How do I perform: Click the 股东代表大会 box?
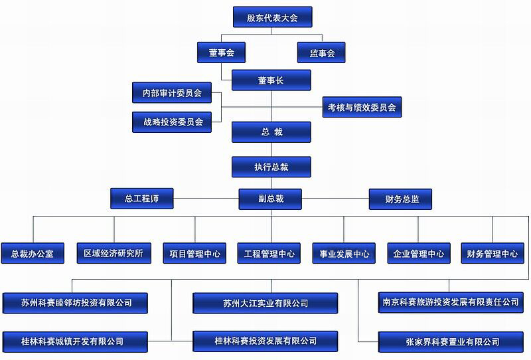pyautogui.click(x=272, y=17)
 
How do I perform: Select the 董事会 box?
pyautogui.click(x=222, y=52)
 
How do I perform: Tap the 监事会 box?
pyautogui.click(x=321, y=52)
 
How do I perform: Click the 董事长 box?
pyautogui.click(x=271, y=80)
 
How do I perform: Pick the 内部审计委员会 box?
pyautogui.click(x=172, y=93)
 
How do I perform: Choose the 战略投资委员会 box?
pyautogui.click(x=172, y=122)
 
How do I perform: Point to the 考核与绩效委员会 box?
pyautogui.click(x=362, y=106)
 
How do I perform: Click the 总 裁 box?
pyautogui.click(x=271, y=132)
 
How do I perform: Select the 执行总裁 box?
pyautogui.click(x=271, y=167)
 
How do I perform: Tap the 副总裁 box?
pyautogui.click(x=271, y=199)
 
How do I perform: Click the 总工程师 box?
pyautogui.click(x=141, y=199)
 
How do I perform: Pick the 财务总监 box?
pyautogui.click(x=400, y=199)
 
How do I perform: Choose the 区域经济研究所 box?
pyautogui.click(x=113, y=253)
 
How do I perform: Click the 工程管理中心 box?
pyautogui.click(x=269, y=253)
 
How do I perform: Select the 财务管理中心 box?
pyautogui.click(x=492, y=253)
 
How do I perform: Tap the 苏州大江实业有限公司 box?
pyautogui.click(x=265, y=303)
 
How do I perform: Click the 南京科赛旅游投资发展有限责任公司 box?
pyautogui.click(x=451, y=302)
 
